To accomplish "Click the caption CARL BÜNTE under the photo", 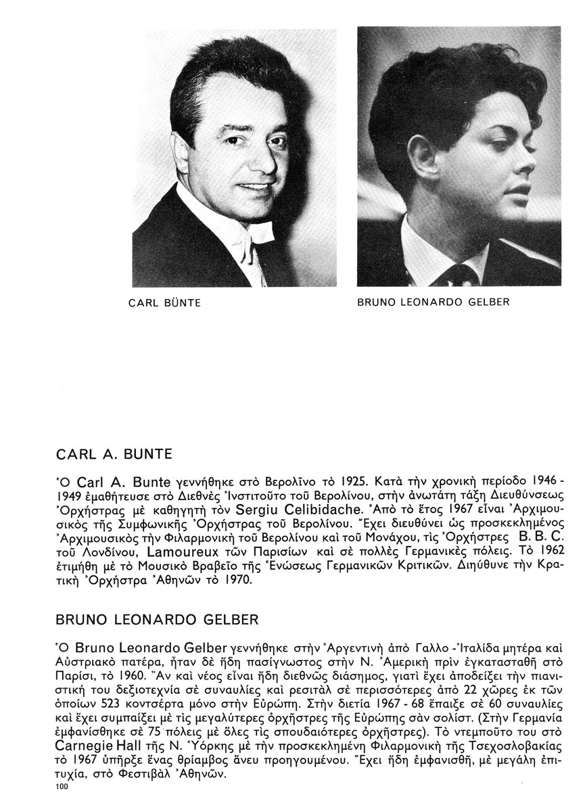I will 164,303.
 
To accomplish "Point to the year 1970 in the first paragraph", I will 234,580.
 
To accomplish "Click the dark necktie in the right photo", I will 463,275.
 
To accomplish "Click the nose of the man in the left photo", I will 251,159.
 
